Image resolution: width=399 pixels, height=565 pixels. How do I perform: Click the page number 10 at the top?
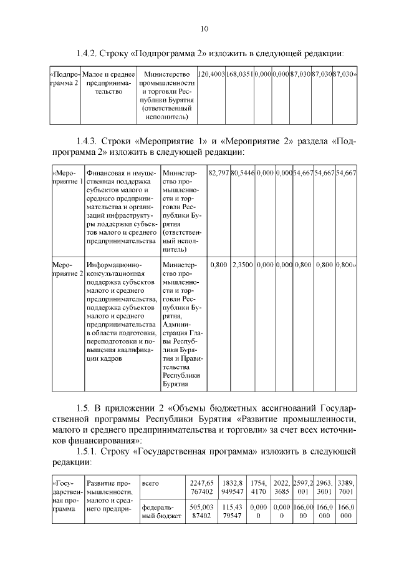(204, 29)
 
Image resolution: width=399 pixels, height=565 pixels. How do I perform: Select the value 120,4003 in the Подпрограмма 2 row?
(211, 74)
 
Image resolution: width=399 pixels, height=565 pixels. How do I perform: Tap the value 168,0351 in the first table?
(239, 74)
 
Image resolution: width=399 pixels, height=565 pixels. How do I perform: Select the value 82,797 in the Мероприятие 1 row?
(218, 172)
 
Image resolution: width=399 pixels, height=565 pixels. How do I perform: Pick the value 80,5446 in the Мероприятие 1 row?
(243, 172)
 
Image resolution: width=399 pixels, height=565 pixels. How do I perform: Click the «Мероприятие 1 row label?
(67, 176)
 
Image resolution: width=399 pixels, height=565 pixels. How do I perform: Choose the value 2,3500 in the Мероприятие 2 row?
(243, 265)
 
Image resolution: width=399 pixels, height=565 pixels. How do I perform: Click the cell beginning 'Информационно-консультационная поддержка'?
(122, 312)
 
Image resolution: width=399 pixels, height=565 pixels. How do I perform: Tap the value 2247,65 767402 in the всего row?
(201, 487)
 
